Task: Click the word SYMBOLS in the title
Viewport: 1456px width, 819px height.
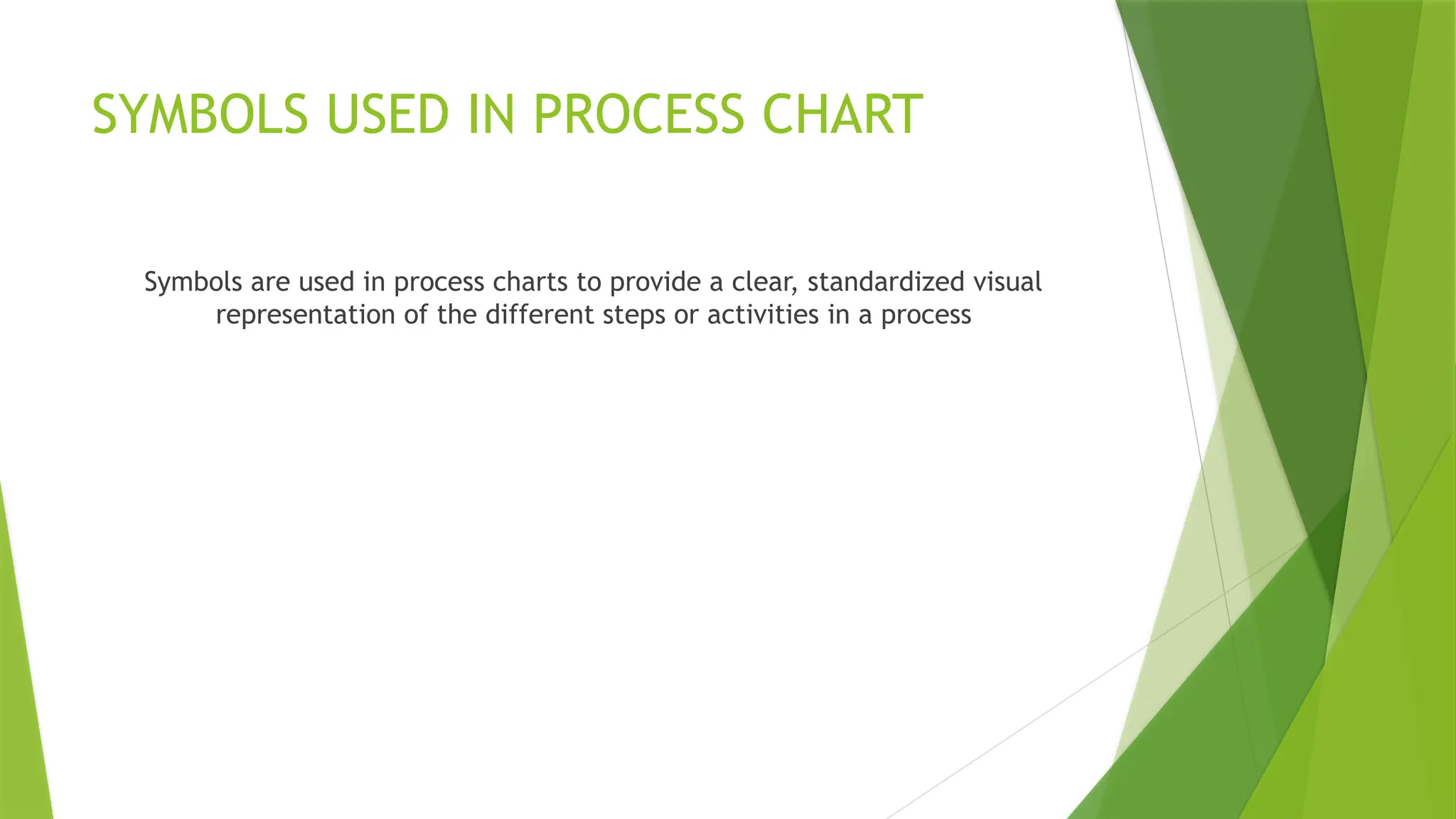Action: click(x=200, y=114)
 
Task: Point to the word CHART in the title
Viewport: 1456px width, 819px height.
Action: click(x=842, y=114)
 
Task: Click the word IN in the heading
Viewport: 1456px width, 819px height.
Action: click(x=491, y=114)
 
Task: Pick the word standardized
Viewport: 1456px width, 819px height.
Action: click(x=885, y=282)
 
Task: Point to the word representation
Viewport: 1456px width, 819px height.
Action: click(x=305, y=314)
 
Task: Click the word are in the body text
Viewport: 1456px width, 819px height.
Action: click(x=269, y=282)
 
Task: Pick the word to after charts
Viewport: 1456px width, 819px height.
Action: click(x=589, y=282)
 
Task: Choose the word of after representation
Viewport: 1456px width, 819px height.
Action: click(x=416, y=314)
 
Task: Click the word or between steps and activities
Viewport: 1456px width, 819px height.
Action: click(x=685, y=314)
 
